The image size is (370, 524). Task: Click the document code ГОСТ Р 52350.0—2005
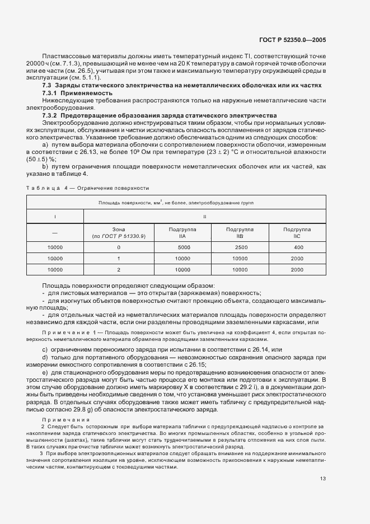302,40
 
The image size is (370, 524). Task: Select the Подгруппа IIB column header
240,233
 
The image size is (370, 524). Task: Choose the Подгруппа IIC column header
297,233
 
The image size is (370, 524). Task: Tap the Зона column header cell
118,233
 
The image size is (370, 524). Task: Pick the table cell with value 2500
241,247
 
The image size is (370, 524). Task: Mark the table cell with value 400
298,247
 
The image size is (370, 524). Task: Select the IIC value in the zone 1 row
298,259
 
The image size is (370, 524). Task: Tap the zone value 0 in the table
119,247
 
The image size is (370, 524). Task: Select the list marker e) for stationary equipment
45,372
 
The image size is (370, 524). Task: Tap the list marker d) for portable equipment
45,357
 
